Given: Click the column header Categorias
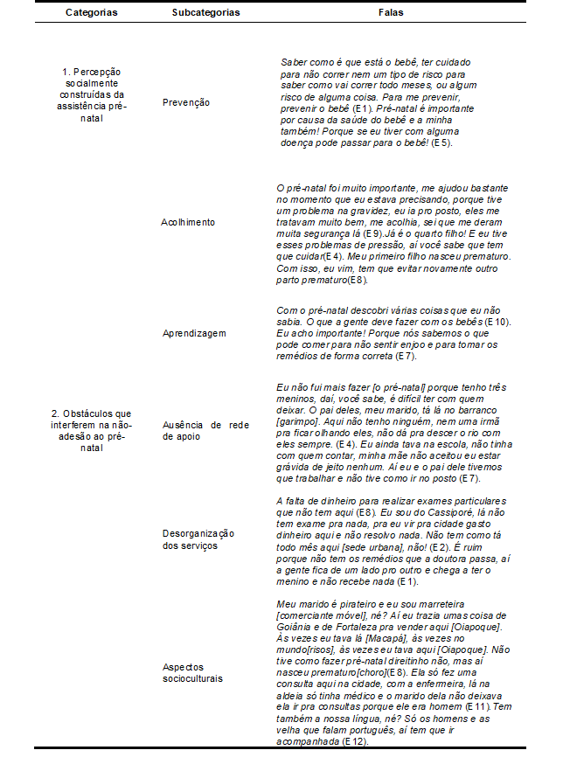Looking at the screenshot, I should click(x=91, y=14).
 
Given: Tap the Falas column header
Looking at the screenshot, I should click(x=390, y=14).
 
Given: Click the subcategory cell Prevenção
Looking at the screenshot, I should click(x=186, y=102).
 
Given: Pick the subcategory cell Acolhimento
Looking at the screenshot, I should click(x=187, y=222).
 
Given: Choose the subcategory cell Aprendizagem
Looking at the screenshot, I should click(x=194, y=333).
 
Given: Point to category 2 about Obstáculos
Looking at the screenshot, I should click(x=91, y=429).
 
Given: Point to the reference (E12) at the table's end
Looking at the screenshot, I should click(x=354, y=741).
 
